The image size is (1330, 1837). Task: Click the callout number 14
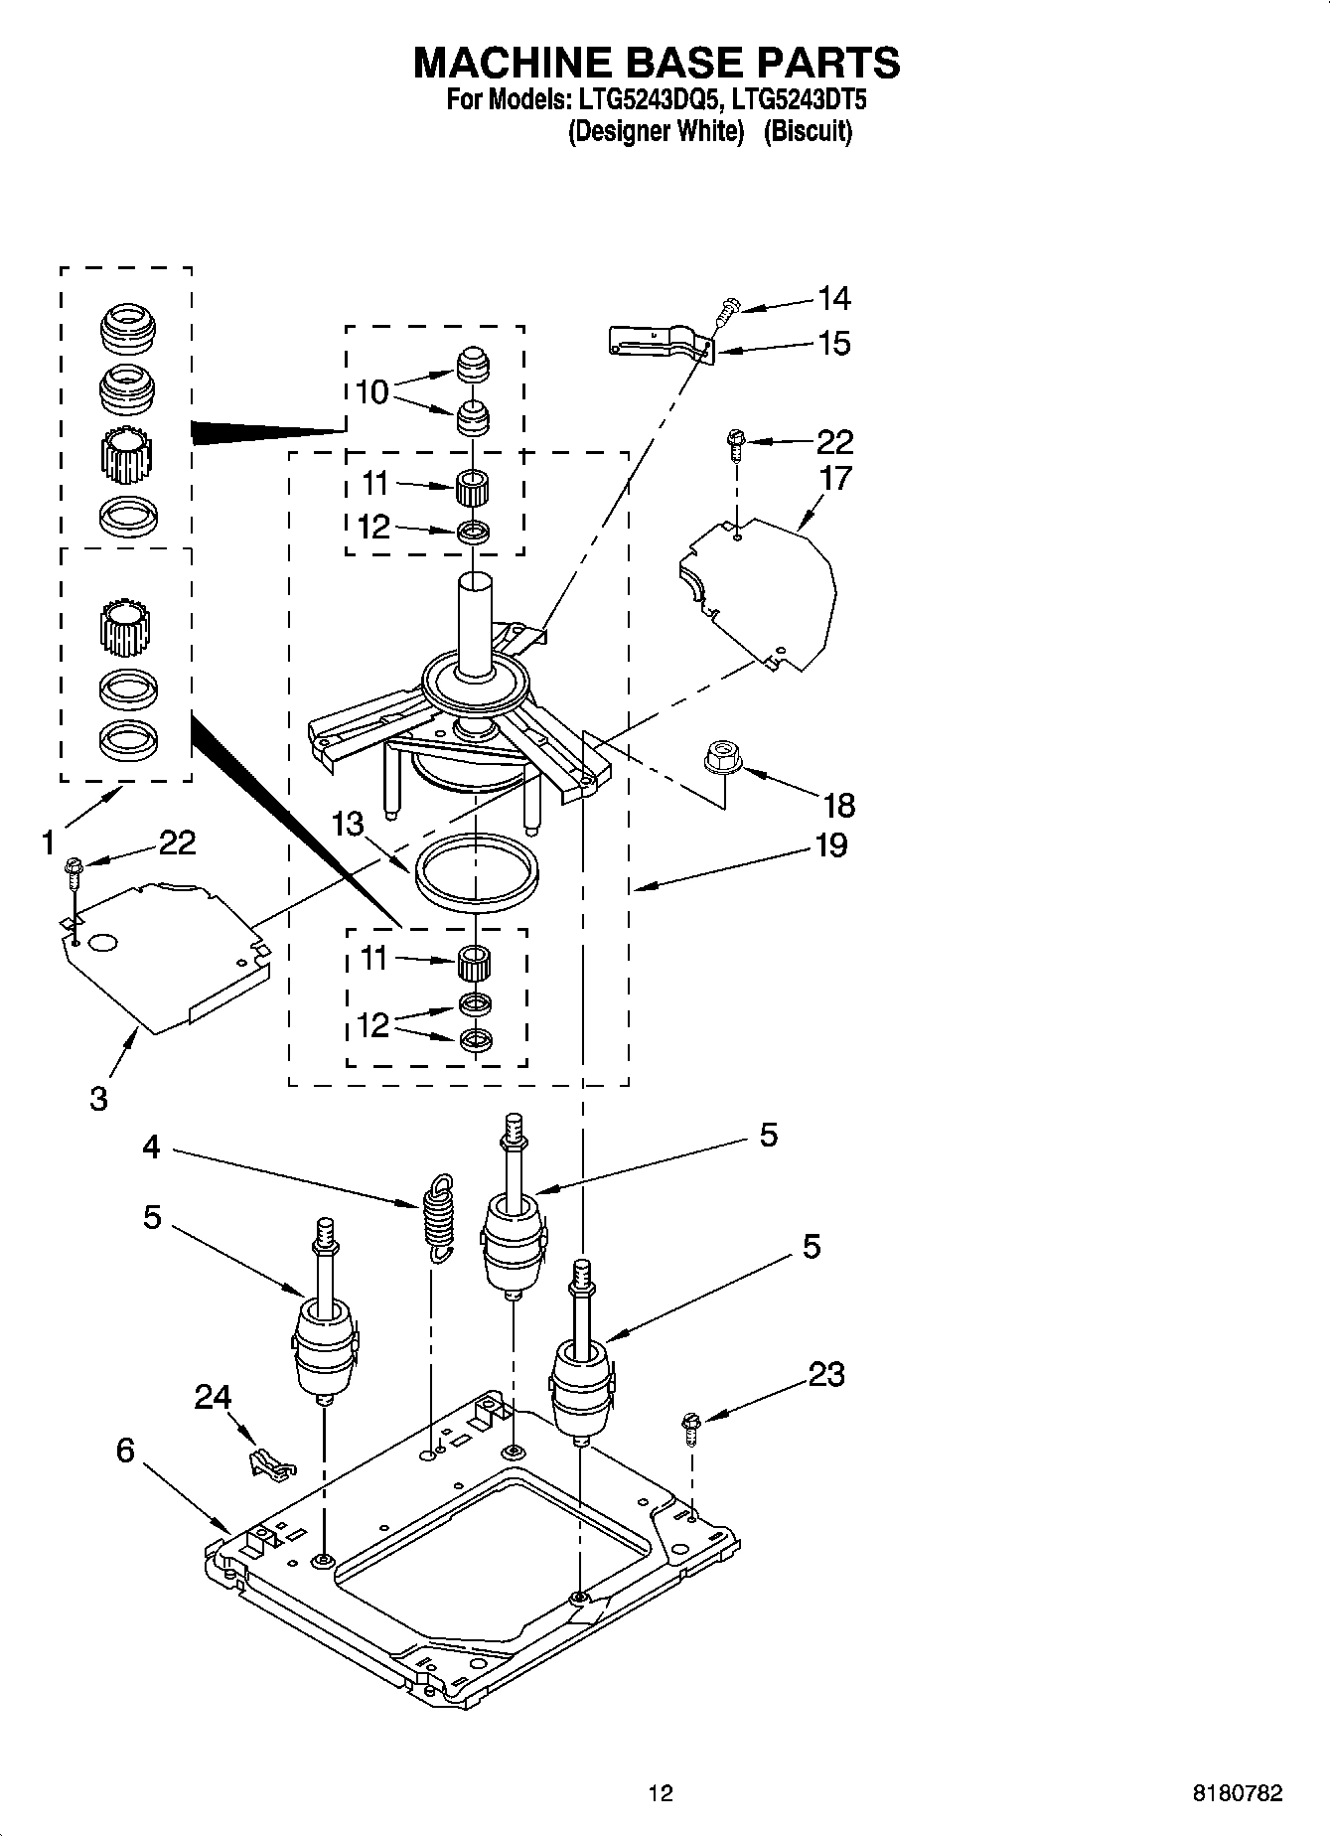tap(833, 298)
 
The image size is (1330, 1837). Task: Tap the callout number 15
tap(833, 344)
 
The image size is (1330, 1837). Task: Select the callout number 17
tap(835, 479)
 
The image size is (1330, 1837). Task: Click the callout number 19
tap(830, 845)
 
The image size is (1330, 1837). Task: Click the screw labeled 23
tap(690, 1429)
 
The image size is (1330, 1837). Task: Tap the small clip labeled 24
tap(268, 1463)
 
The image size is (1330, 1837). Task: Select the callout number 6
tap(125, 1452)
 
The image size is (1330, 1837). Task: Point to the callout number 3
tap(98, 1100)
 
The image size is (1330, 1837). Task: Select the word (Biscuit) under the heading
tap(808, 131)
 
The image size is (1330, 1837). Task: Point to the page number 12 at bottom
tap(661, 1793)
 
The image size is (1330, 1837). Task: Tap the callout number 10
tap(371, 392)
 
